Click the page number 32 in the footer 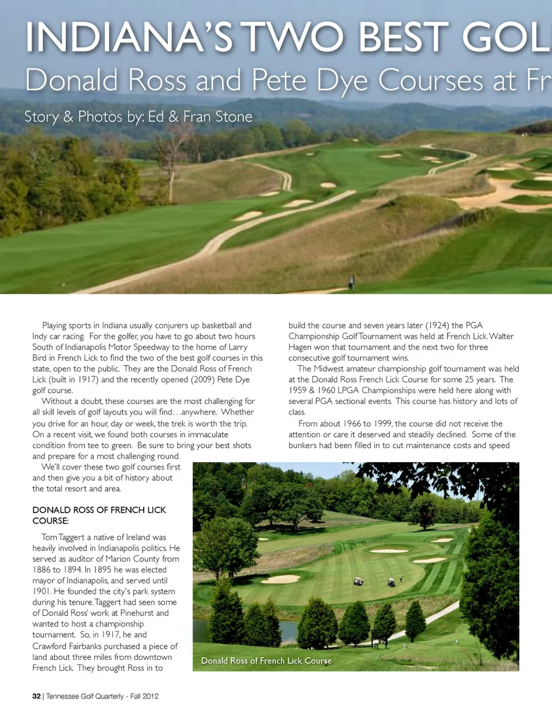[36, 696]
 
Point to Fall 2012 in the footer [144, 696]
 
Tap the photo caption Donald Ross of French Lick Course [266, 661]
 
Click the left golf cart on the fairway [359, 581]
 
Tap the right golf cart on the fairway [391, 582]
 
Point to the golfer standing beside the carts [401, 579]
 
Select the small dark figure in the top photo [352, 282]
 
